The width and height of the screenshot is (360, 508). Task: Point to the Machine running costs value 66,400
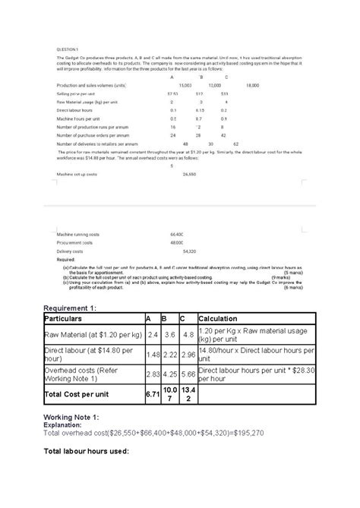179,235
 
